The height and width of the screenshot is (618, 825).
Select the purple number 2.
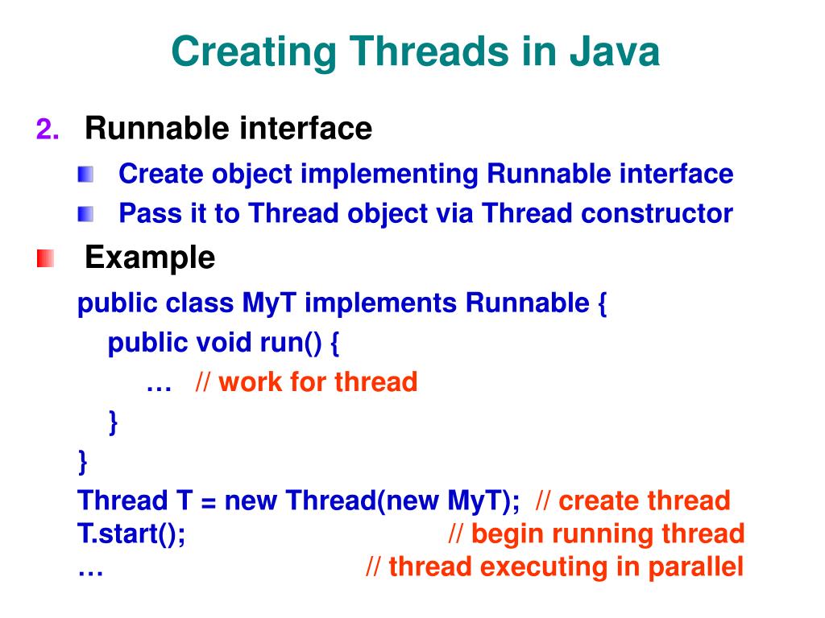tap(47, 129)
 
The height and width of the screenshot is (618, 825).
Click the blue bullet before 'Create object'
tap(85, 174)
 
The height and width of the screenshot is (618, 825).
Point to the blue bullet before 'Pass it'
tap(85, 214)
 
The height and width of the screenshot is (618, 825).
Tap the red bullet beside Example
tap(45, 259)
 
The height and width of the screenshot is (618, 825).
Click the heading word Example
tap(150, 258)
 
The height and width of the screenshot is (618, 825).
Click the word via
tap(457, 214)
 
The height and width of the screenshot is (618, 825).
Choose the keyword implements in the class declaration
tap(379, 304)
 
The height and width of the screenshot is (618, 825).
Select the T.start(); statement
tap(131, 534)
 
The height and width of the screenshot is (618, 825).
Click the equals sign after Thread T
tap(209, 501)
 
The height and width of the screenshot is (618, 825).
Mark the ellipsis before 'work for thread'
tap(160, 383)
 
